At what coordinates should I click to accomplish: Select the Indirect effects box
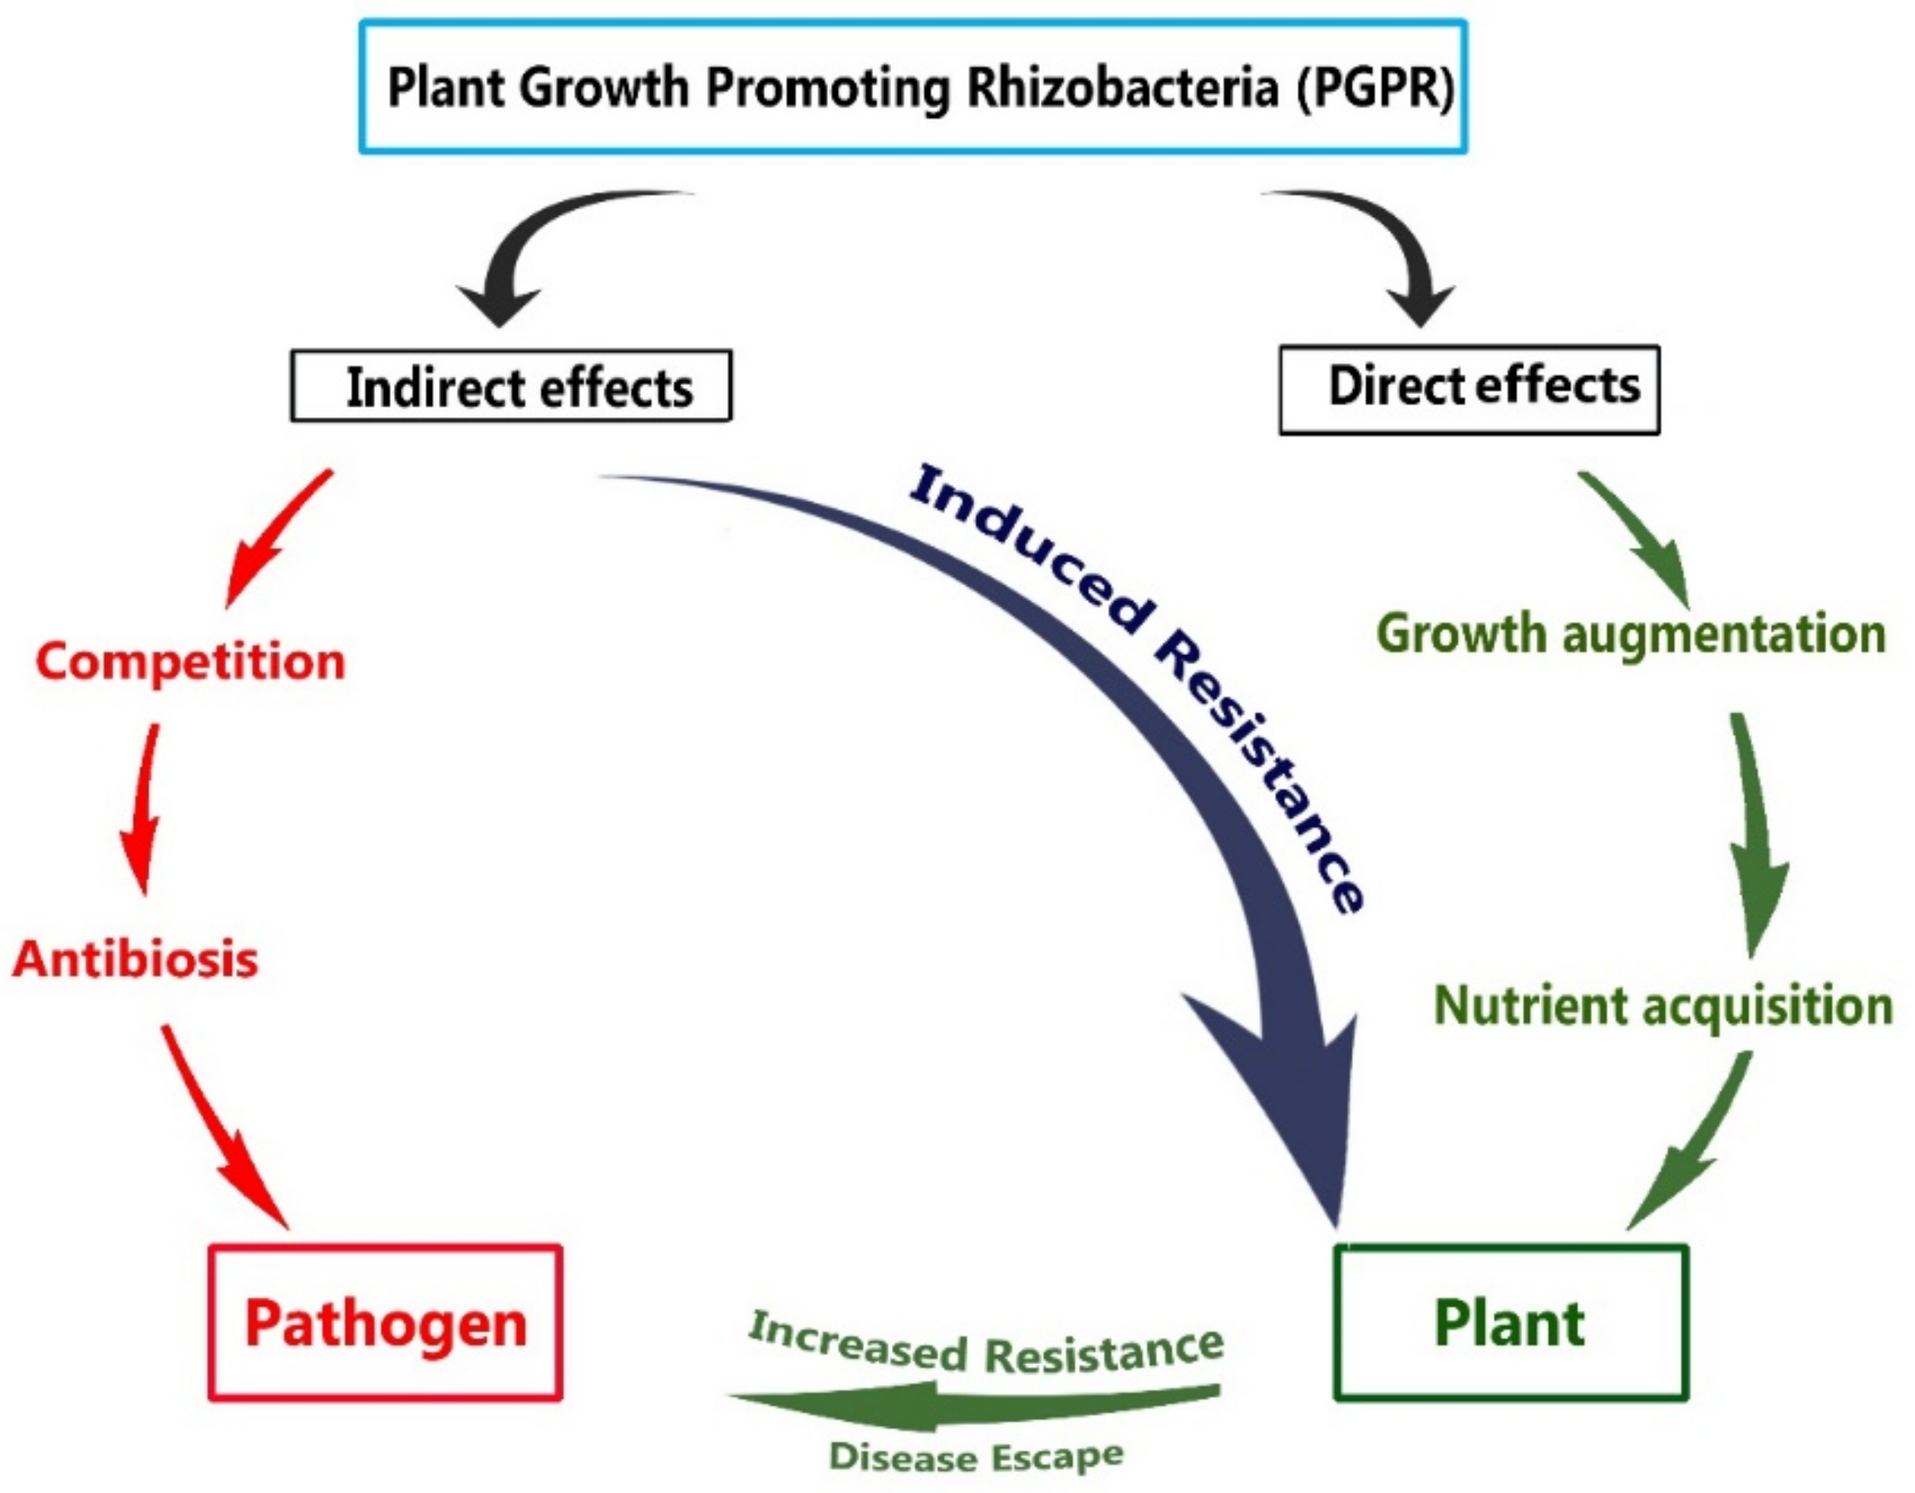(x=511, y=387)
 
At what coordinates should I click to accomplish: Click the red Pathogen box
(x=386, y=1323)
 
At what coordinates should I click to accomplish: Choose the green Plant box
(x=1511, y=1323)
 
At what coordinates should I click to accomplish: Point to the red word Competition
(x=190, y=662)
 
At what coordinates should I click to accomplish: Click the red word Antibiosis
(x=136, y=958)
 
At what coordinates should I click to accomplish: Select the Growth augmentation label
(x=1631, y=633)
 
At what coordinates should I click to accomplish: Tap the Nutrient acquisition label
(x=1662, y=1005)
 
